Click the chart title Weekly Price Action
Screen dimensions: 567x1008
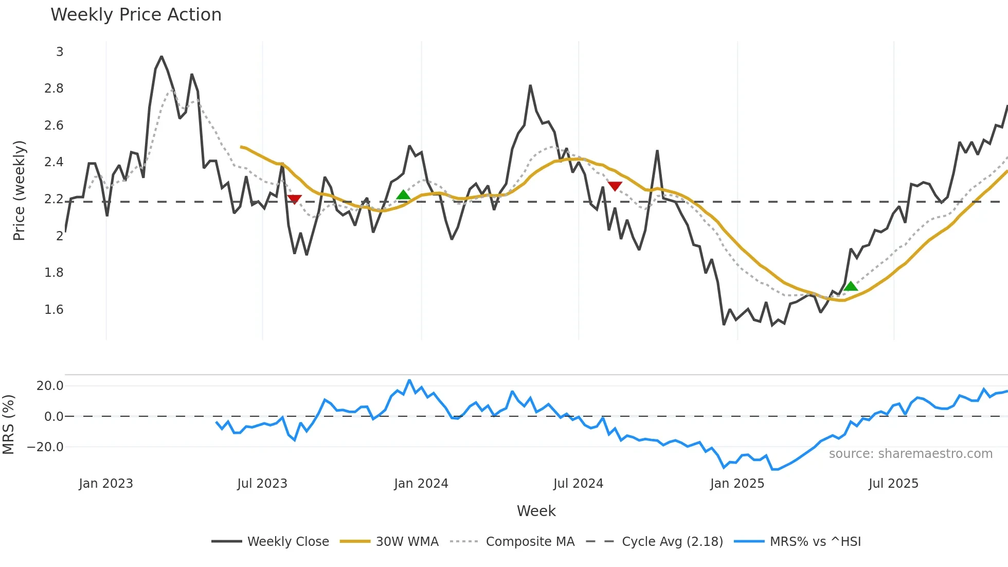pyautogui.click(x=136, y=15)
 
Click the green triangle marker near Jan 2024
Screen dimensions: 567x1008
pyautogui.click(x=403, y=195)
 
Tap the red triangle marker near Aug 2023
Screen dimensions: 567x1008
pyautogui.click(x=294, y=199)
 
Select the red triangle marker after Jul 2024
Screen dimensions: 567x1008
pyautogui.click(x=615, y=186)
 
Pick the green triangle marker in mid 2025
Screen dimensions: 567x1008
pyautogui.click(x=851, y=287)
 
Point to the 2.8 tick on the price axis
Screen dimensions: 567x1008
pyautogui.click(x=53, y=88)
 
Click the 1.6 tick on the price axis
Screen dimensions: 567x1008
pyautogui.click(x=53, y=310)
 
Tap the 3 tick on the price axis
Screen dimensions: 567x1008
pyautogui.click(x=60, y=52)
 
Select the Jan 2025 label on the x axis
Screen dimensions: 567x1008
pyautogui.click(x=736, y=484)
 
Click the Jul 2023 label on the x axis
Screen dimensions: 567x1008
pyautogui.click(x=262, y=484)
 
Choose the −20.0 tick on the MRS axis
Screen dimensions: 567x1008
pyautogui.click(x=45, y=447)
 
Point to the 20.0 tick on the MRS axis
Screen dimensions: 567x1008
pyautogui.click(x=50, y=386)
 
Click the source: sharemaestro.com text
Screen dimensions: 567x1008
pyautogui.click(x=910, y=454)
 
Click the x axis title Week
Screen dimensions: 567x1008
pyautogui.click(x=536, y=511)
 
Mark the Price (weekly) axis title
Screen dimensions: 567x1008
pyautogui.click(x=19, y=190)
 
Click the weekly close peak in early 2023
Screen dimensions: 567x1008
pyautogui.click(x=161, y=57)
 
